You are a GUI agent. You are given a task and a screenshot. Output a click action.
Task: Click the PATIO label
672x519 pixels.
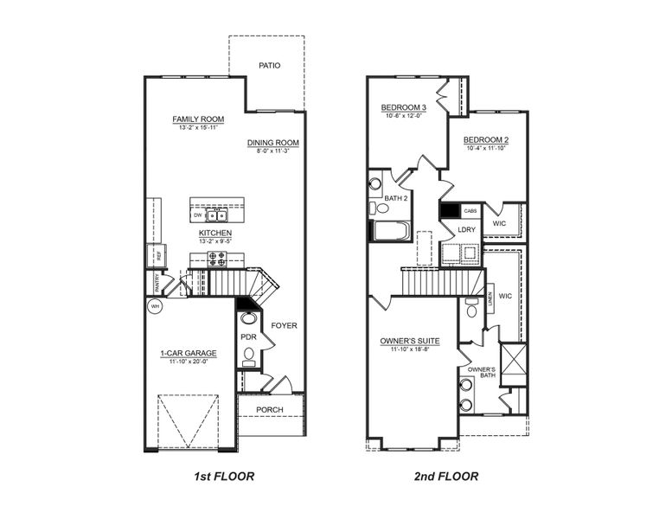270,66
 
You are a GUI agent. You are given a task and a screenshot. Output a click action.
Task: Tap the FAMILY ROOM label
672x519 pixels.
198,119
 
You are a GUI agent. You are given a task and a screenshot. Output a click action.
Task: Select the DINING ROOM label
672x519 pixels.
272,143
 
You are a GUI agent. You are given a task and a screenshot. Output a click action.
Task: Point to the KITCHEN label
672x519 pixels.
215,233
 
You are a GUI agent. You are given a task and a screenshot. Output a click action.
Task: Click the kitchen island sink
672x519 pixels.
217,215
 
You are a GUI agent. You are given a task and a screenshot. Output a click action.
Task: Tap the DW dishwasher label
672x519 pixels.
197,215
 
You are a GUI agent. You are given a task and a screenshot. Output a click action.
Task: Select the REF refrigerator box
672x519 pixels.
158,255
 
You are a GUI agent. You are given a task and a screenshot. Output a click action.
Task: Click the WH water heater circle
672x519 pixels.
156,306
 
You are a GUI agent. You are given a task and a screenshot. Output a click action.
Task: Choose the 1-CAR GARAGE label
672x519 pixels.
188,353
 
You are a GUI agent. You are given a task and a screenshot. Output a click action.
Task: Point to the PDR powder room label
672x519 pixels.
247,336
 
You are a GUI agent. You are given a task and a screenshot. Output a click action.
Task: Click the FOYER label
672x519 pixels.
284,326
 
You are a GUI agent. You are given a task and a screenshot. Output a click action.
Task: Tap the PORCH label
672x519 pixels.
271,410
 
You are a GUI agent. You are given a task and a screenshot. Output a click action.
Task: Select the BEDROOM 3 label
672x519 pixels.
404,108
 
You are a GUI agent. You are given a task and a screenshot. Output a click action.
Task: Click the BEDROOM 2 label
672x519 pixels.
485,140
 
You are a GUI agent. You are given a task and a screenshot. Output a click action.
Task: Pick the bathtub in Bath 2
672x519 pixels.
391,231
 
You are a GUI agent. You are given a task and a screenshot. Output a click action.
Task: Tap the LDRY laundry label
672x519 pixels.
467,229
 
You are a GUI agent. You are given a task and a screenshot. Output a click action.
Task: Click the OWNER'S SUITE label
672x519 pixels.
410,342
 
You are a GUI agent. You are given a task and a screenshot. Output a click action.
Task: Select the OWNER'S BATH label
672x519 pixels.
481,373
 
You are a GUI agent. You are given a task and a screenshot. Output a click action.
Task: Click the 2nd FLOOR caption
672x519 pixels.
445,476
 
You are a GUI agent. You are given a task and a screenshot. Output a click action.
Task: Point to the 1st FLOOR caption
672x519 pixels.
222,476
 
